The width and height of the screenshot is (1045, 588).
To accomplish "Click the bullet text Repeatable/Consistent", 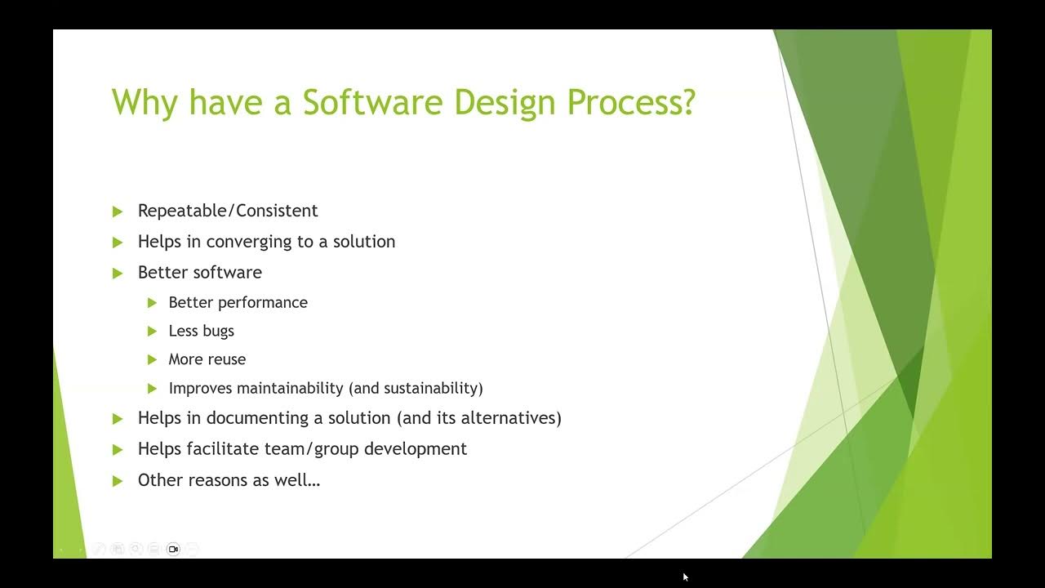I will [x=228, y=211].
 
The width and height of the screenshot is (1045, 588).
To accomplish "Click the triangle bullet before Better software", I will [x=118, y=273].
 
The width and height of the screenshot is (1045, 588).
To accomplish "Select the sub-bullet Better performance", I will [x=238, y=302].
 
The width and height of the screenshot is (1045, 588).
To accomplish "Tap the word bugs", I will [x=218, y=332].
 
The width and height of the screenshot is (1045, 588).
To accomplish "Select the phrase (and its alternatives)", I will [x=479, y=418].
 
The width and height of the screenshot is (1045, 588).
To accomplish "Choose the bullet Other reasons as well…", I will [x=229, y=480].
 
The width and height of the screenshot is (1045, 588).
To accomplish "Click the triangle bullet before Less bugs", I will [x=152, y=332].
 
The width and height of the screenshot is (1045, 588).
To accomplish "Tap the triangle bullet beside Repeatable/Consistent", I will [x=118, y=212].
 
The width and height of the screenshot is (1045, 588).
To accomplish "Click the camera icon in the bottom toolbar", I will [x=173, y=549].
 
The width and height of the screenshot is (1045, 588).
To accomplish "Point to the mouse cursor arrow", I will [x=686, y=577].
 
